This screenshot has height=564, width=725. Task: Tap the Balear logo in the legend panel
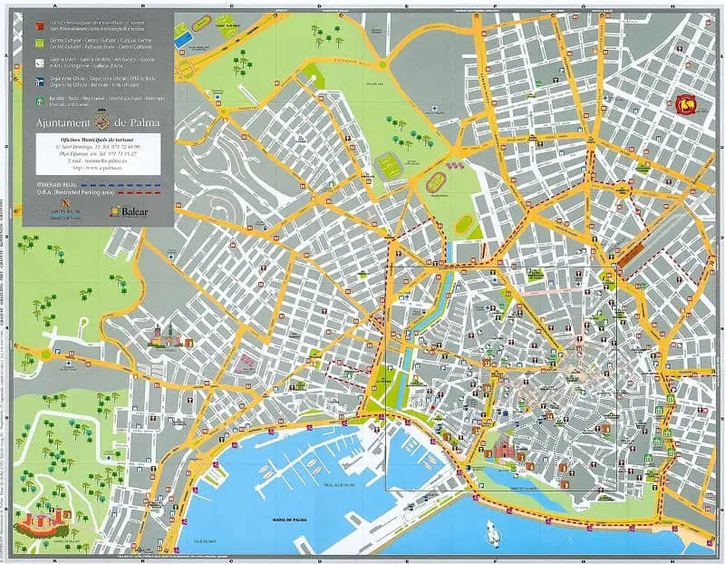click(x=127, y=210)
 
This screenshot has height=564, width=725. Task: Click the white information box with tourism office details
click(x=98, y=152)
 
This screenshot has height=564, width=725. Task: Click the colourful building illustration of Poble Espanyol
click(x=166, y=338)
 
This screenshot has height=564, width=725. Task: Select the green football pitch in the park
click(x=391, y=166)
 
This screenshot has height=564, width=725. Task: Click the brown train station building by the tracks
click(x=633, y=246)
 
